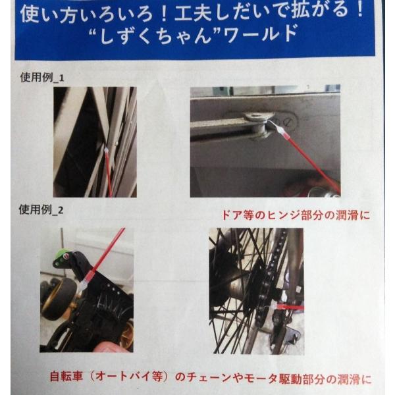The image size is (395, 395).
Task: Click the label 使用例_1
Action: (42, 77)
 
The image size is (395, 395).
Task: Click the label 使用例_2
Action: (41, 209)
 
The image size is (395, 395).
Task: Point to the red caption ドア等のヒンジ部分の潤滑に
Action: (296, 216)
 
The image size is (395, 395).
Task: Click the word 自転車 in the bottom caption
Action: (66, 377)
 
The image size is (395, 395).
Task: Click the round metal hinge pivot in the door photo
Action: (257, 124)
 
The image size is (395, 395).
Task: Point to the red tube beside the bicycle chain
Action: (290, 307)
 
